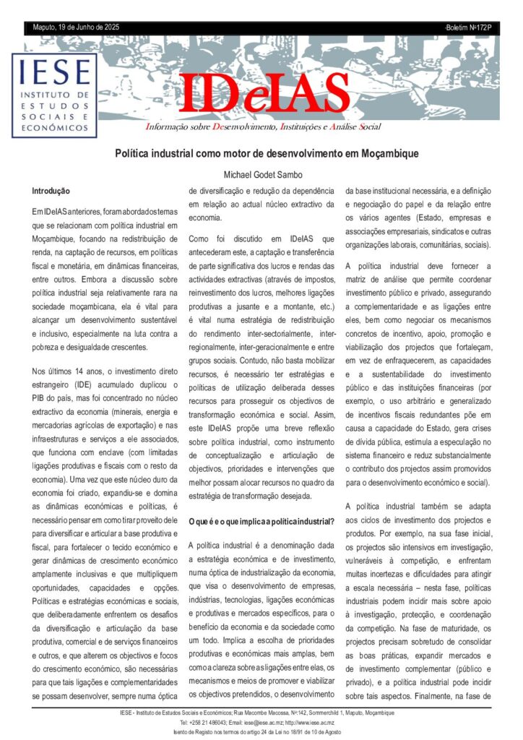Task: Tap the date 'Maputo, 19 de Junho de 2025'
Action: pyautogui.click(x=76, y=27)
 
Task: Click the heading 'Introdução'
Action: pyautogui.click(x=51, y=192)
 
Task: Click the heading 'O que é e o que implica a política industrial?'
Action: pyautogui.click(x=261, y=521)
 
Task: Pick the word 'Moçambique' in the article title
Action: pyautogui.click(x=391, y=153)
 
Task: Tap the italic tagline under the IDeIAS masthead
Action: pyautogui.click(x=264, y=127)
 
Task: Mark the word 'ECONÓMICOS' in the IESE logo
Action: pyautogui.click(x=54, y=127)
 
